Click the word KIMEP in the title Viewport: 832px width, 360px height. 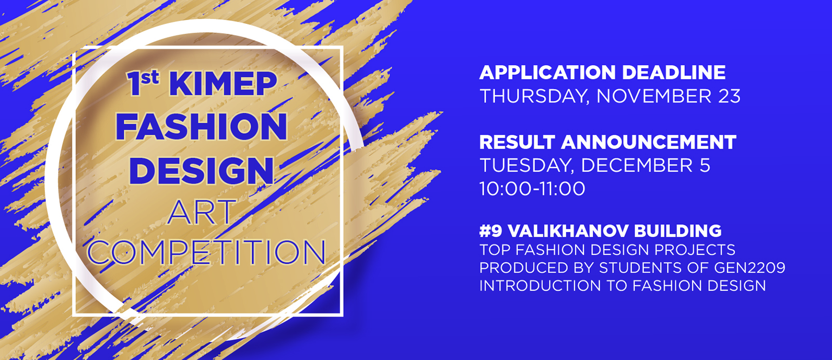223,84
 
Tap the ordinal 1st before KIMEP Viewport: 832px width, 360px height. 142,84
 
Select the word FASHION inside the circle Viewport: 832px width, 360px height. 201,127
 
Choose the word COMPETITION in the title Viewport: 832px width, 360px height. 206,253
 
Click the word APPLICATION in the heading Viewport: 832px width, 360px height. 548,72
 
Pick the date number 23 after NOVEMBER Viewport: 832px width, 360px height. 729,96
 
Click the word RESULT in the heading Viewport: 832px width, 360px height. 517,142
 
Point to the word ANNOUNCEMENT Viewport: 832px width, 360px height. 648,142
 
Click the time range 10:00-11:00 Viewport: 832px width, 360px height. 532,189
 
